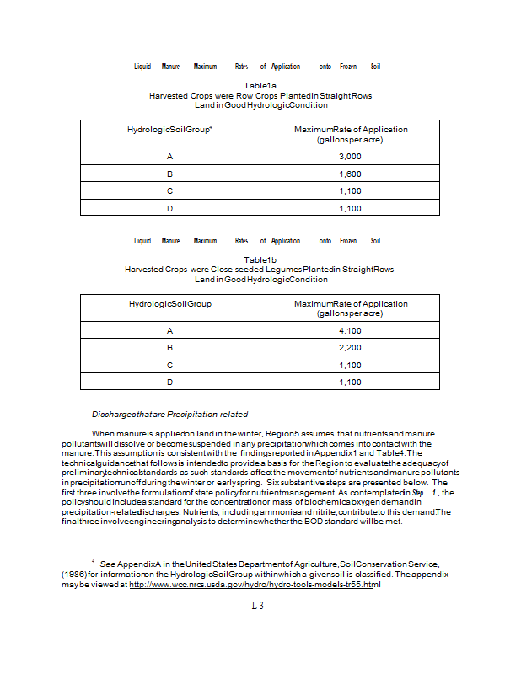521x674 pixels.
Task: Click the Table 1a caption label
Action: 260,86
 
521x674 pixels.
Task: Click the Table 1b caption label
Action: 260,259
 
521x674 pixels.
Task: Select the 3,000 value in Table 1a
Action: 350,157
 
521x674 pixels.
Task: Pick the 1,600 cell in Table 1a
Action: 350,174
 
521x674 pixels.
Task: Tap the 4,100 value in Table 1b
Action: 350,330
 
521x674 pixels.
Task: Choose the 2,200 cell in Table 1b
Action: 350,347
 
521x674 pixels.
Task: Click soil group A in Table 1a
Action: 169,157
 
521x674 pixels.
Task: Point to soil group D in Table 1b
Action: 169,382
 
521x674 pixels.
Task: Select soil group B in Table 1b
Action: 169,347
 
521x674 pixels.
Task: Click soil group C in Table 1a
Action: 169,190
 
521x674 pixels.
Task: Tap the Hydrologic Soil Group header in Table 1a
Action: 169,130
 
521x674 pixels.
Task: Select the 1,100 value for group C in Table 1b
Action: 350,365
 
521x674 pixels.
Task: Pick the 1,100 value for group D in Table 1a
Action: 350,207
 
